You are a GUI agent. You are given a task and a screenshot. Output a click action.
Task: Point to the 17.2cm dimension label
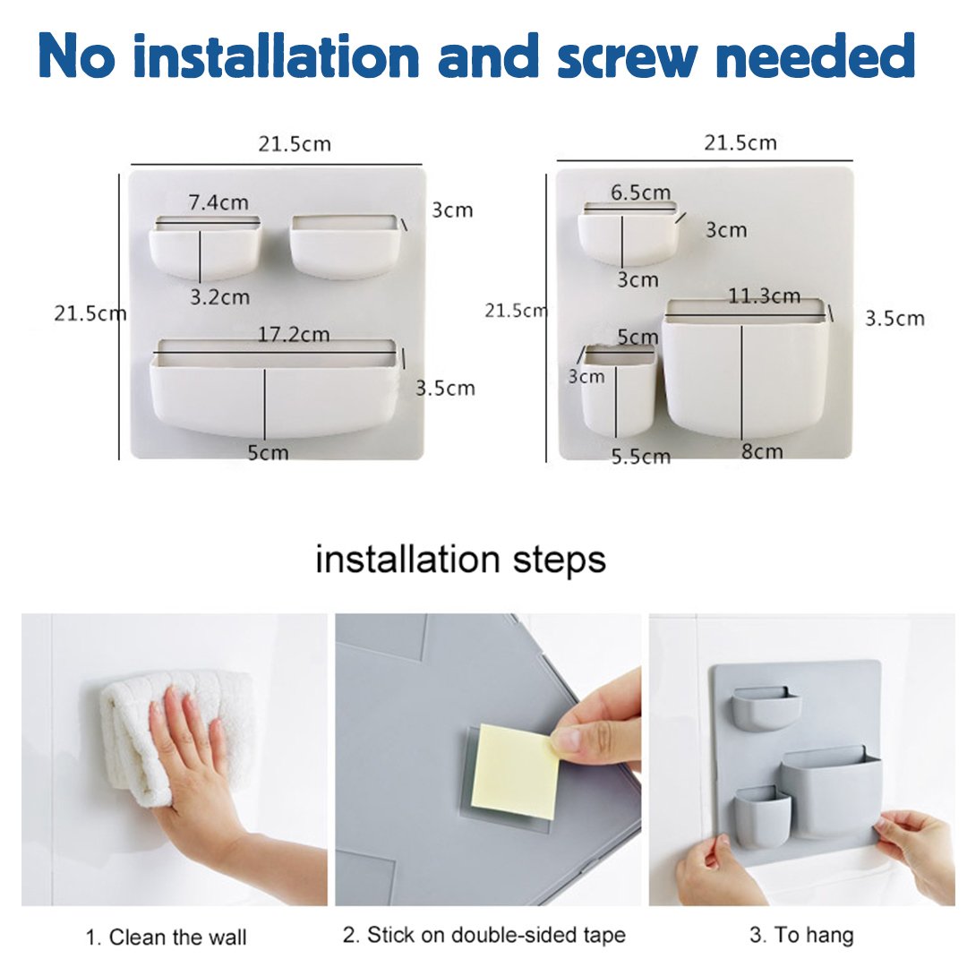(295, 335)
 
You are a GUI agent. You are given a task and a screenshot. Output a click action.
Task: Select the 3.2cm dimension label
(219, 297)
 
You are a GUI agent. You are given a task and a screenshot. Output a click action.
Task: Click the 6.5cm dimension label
(640, 193)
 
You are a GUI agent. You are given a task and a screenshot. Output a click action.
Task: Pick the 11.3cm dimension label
(764, 296)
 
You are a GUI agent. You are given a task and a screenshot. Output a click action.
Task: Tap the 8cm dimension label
(761, 451)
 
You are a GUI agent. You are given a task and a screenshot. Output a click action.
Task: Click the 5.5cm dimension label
(640, 457)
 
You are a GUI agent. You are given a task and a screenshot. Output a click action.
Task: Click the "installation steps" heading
(460, 560)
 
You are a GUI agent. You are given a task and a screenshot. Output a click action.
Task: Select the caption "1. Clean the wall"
(166, 937)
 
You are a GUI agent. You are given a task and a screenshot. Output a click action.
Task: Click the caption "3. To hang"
(801, 936)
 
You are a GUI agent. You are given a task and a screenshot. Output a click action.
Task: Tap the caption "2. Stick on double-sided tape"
(484, 936)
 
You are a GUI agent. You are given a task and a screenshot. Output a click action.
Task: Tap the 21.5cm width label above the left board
(295, 145)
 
